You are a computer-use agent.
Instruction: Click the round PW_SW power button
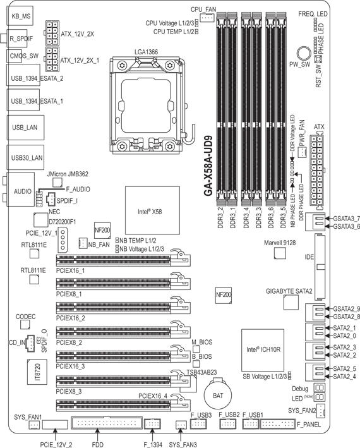(304, 54)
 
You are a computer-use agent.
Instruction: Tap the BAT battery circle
(217, 395)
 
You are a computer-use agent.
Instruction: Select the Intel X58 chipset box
(152, 211)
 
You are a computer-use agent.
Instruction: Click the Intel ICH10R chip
(263, 350)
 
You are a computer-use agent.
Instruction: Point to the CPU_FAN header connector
(207, 18)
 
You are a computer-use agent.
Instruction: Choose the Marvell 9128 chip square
(280, 253)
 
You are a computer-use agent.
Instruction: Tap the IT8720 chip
(37, 372)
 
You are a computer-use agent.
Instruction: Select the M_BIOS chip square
(196, 349)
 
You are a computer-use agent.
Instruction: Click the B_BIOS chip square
(196, 363)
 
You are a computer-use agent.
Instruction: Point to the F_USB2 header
(228, 423)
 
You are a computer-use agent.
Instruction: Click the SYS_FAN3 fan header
(181, 425)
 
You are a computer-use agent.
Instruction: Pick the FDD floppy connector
(107, 423)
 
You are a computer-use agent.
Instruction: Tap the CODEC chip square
(25, 325)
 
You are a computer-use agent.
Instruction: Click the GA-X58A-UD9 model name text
(208, 166)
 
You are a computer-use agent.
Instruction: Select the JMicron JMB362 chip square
(57, 183)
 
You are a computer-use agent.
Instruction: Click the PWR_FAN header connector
(302, 152)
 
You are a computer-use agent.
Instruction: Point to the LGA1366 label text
(146, 52)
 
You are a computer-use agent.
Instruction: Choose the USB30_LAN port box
(25, 157)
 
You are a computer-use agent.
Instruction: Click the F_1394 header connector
(152, 423)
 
